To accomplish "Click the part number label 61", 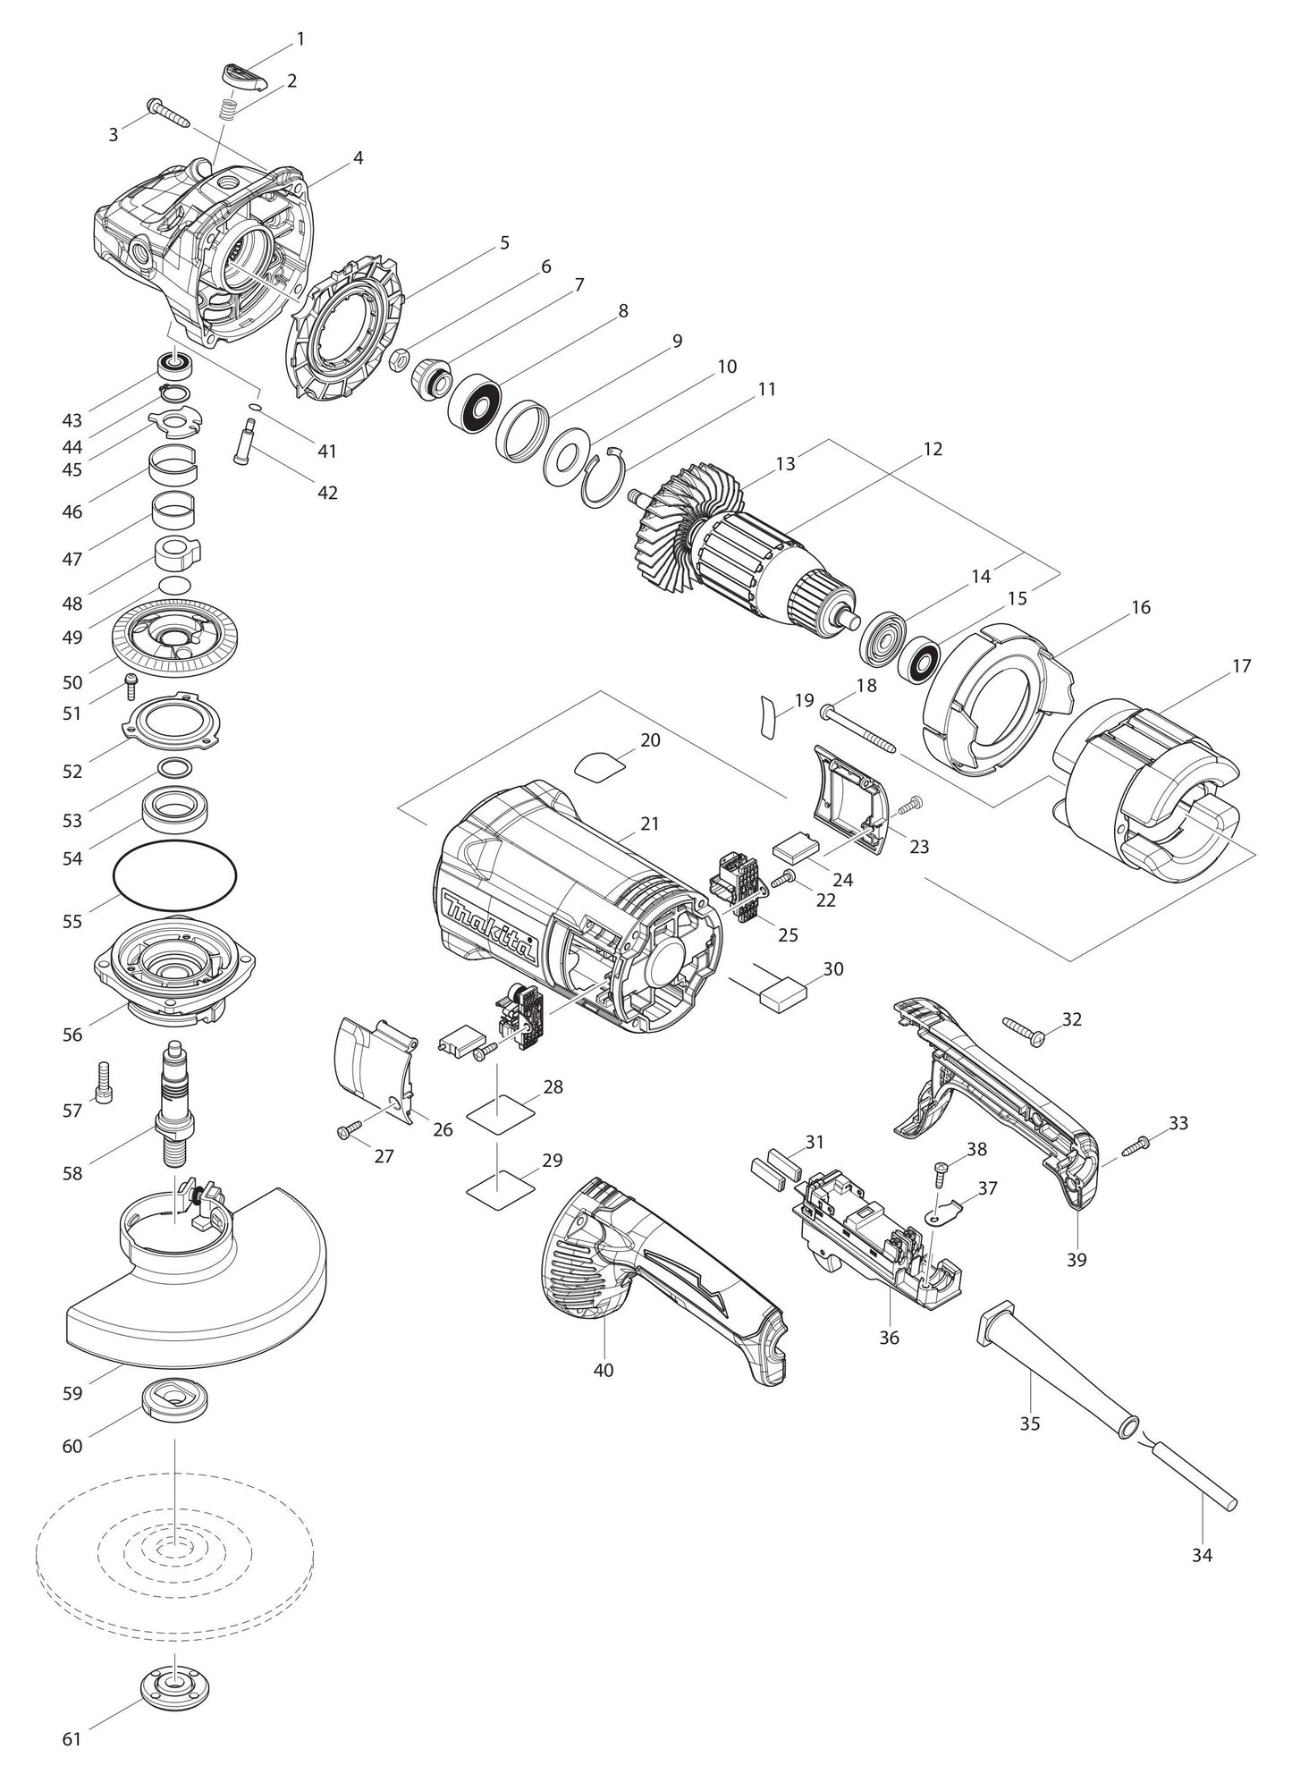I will (x=72, y=1739).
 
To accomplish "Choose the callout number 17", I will (x=1240, y=666).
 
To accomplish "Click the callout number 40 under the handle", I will (x=604, y=1370).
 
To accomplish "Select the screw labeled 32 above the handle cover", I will (x=1025, y=1029).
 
